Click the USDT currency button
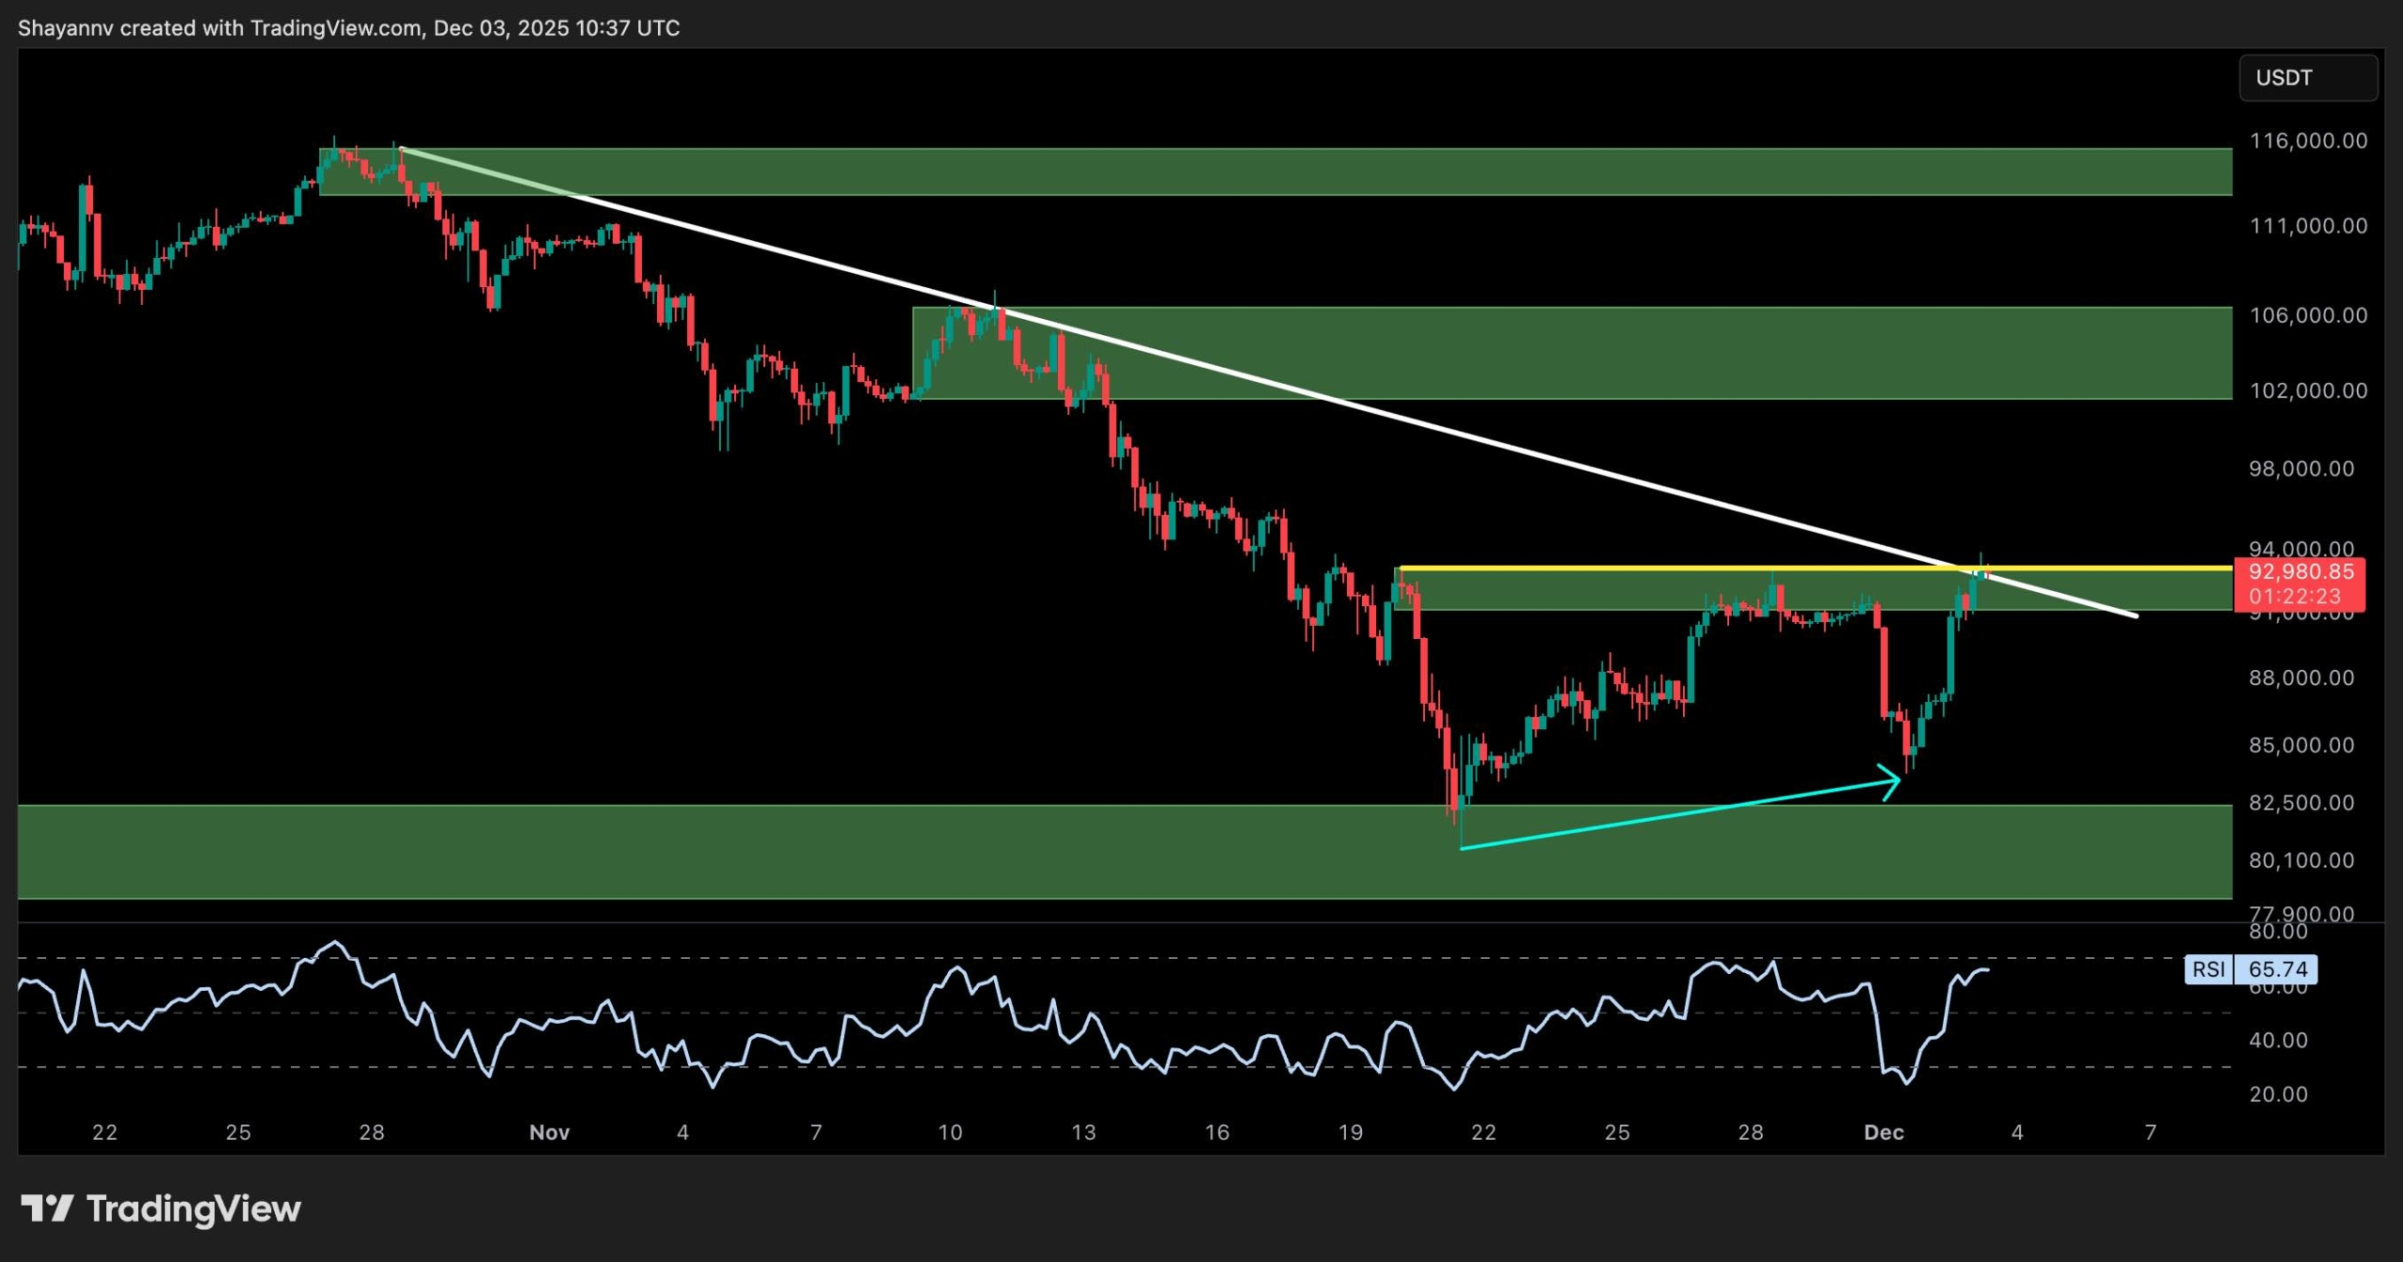click(x=2307, y=78)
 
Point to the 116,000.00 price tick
click(x=2307, y=141)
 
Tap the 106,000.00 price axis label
click(x=2307, y=315)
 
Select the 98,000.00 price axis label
click(x=2301, y=469)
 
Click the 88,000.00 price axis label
click(x=2301, y=678)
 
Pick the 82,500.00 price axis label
click(x=2301, y=803)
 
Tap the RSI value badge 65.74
click(x=2277, y=969)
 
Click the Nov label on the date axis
click(x=549, y=1133)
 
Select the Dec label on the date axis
click(x=1883, y=1133)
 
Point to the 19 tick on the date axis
click(x=1350, y=1133)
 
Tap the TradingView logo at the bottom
click(x=161, y=1209)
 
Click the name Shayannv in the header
click(x=65, y=28)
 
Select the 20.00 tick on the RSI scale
click(x=2278, y=1094)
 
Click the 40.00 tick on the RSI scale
click(x=2278, y=1040)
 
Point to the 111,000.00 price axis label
click(x=2307, y=226)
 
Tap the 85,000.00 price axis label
click(x=2301, y=746)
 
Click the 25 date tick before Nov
click(x=238, y=1133)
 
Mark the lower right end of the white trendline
click(x=2135, y=616)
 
